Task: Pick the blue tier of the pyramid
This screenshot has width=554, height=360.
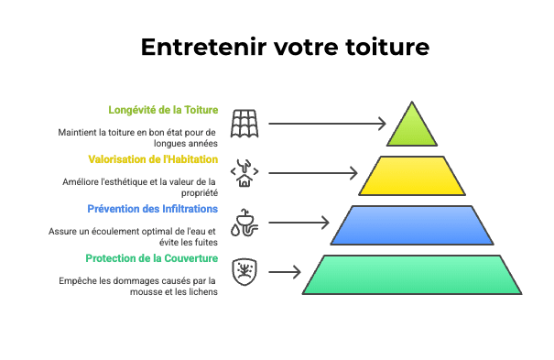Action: [x=412, y=224]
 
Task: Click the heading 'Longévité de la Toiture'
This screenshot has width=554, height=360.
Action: [x=163, y=110]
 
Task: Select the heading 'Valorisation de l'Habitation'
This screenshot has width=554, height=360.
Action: [x=153, y=158]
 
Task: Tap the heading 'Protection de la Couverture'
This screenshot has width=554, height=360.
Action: [x=151, y=257]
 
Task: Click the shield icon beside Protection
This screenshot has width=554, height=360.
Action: [x=244, y=271]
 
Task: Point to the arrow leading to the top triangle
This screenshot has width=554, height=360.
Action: [x=326, y=122]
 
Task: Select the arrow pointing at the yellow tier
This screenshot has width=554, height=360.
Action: [x=312, y=171]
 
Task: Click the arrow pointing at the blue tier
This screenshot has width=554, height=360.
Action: [x=299, y=222]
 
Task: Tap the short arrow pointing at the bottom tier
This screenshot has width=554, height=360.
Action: [x=285, y=271]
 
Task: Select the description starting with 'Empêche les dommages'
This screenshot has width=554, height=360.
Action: [x=137, y=285]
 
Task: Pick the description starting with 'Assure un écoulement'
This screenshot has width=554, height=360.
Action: [x=134, y=236]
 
